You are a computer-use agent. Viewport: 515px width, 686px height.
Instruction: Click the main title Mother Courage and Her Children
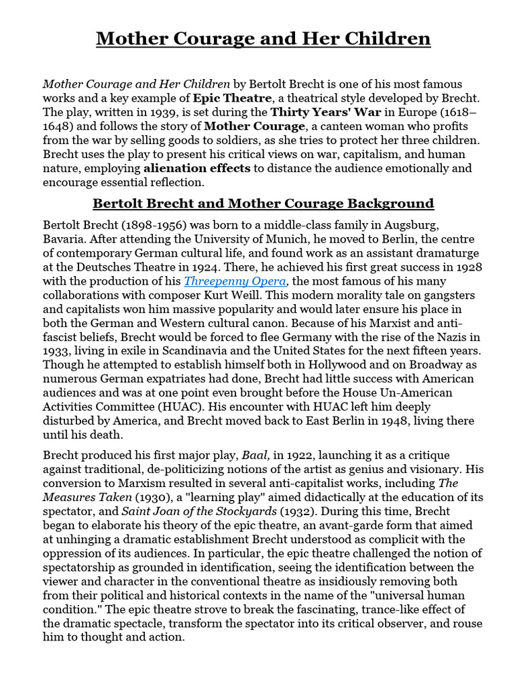tap(263, 38)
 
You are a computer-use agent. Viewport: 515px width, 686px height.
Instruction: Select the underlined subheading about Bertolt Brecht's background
tap(263, 203)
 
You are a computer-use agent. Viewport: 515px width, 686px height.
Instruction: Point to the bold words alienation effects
tap(196, 168)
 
